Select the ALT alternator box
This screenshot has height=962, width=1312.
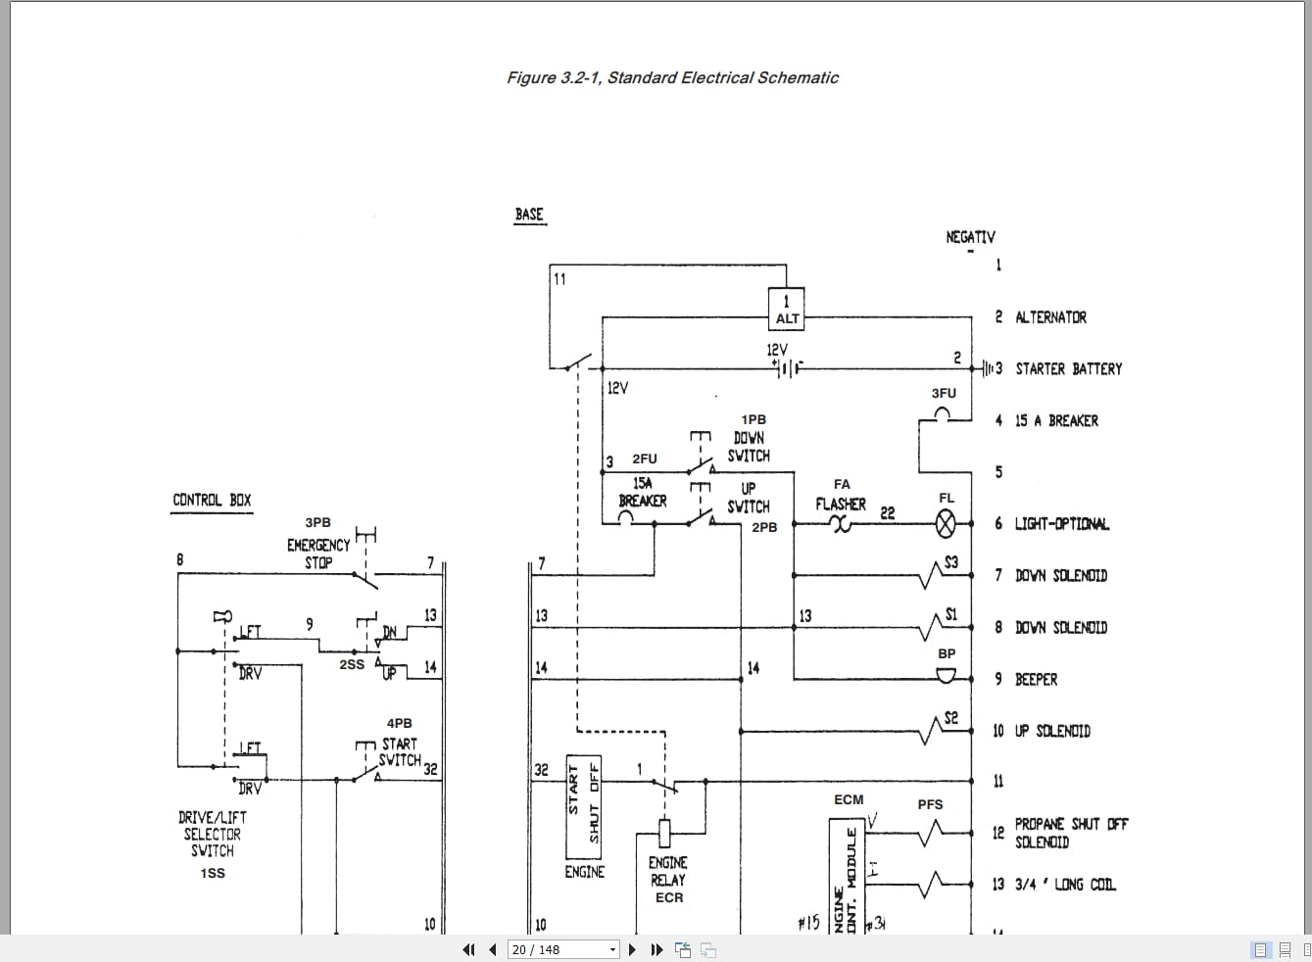point(787,310)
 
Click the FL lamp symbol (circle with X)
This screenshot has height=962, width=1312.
point(946,524)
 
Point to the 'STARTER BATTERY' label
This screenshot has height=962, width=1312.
point(1068,369)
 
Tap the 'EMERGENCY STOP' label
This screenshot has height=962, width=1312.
point(318,553)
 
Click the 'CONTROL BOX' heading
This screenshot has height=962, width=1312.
point(212,501)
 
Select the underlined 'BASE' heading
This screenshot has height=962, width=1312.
point(529,215)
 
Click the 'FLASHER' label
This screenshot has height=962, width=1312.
point(841,505)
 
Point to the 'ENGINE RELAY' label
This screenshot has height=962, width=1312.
point(668,871)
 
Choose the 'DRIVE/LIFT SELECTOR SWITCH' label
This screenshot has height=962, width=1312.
point(213,834)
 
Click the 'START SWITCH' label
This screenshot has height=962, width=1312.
point(400,751)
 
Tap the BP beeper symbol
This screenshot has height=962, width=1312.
point(946,676)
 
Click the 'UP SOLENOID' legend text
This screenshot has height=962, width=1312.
point(1051,731)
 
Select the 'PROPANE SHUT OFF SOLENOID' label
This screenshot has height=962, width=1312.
point(1070,833)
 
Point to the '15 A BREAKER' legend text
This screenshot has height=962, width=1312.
point(1056,421)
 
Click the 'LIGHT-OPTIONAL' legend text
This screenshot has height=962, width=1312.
point(1061,524)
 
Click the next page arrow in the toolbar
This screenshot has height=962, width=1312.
point(632,949)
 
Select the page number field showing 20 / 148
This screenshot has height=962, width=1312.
point(563,949)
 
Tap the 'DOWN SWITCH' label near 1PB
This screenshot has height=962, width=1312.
point(749,447)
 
